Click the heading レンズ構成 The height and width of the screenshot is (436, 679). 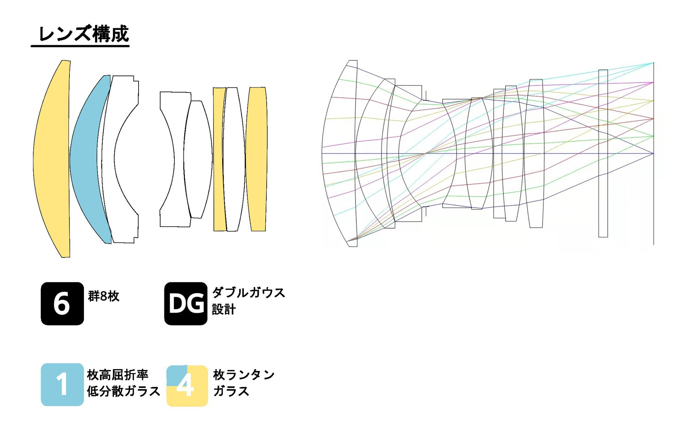84,34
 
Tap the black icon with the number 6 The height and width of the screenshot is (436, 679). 62,303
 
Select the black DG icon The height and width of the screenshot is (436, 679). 186,303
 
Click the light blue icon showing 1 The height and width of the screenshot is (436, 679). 62,385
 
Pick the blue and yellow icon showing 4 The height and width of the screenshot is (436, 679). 187,386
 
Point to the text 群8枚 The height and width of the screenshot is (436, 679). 103,296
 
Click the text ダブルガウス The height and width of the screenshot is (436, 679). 248,293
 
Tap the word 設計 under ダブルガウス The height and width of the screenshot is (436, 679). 224,309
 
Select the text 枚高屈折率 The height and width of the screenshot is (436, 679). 118,375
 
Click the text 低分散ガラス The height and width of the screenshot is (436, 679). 123,391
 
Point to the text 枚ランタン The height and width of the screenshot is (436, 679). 244,375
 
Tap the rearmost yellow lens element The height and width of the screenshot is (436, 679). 257,159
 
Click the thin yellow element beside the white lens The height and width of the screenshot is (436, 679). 218,159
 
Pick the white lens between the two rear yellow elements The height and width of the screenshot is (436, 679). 234,159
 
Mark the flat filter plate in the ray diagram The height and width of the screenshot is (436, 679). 603,153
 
